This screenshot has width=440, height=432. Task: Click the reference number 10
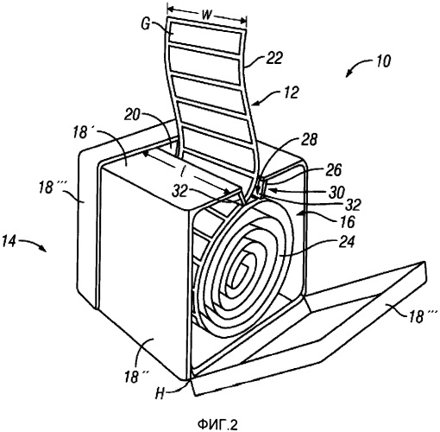point(382,60)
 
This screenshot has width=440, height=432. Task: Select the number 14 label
point(9,241)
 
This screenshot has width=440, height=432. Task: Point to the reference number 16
point(348,222)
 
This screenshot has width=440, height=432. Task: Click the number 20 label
point(132,115)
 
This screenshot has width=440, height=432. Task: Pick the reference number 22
point(274,58)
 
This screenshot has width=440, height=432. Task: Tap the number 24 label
point(347,241)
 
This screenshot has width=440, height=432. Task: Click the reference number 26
point(334,170)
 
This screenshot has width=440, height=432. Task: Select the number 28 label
point(310,139)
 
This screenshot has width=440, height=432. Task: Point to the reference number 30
point(336,192)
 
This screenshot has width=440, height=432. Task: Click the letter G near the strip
point(146,24)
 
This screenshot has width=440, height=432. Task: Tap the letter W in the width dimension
point(207,15)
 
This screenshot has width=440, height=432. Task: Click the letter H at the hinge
point(160,393)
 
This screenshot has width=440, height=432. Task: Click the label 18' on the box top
point(81,132)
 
